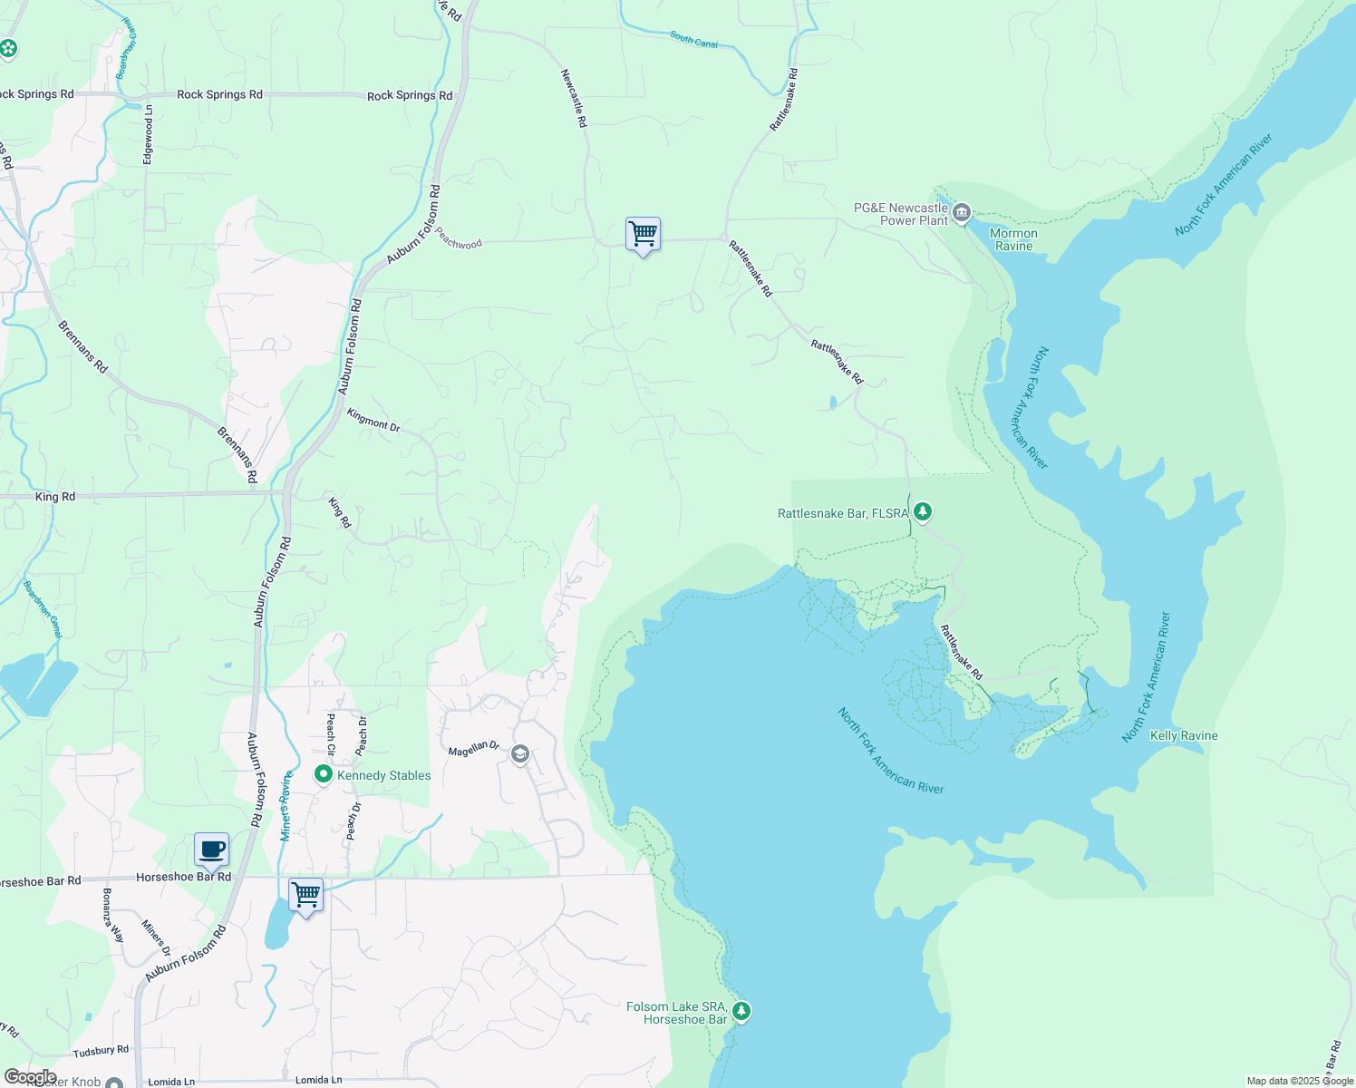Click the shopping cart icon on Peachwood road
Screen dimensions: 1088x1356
(643, 234)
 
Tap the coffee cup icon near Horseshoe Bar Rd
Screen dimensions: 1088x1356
(211, 850)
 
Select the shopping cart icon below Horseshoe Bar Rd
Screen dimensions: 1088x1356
(305, 895)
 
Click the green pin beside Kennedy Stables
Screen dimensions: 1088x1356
(323, 774)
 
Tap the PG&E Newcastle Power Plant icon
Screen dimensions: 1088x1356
(962, 214)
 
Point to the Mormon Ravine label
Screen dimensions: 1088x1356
(1013, 239)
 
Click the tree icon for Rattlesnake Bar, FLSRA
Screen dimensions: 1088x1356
(923, 512)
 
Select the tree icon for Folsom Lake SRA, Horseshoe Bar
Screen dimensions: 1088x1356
(741, 1011)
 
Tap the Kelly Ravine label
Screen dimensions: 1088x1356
(1184, 735)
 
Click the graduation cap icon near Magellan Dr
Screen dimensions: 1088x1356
(520, 754)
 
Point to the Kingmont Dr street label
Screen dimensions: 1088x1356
(373, 419)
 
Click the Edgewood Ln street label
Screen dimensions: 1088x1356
(148, 134)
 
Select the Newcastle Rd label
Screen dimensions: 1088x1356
(574, 98)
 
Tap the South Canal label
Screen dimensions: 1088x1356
(693, 39)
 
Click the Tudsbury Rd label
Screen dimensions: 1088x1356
(101, 1050)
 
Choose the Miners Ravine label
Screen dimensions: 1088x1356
(286, 805)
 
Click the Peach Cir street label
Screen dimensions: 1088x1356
(331, 734)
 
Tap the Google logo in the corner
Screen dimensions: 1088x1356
(30, 1077)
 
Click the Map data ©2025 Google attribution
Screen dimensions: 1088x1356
(1299, 1081)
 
